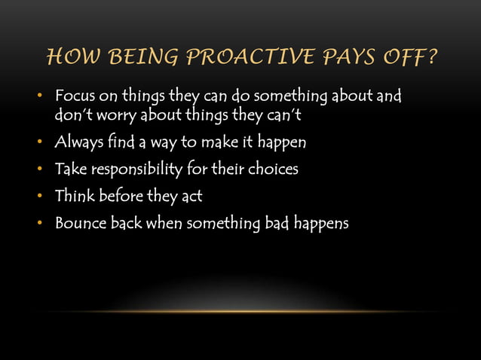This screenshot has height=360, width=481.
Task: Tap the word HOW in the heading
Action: pyautogui.click(x=71, y=57)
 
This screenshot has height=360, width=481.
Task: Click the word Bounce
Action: pyautogui.click(x=78, y=224)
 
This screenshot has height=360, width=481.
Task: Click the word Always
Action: pyautogui.click(x=79, y=142)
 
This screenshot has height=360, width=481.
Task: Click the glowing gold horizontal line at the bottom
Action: pyautogui.click(x=240, y=311)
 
